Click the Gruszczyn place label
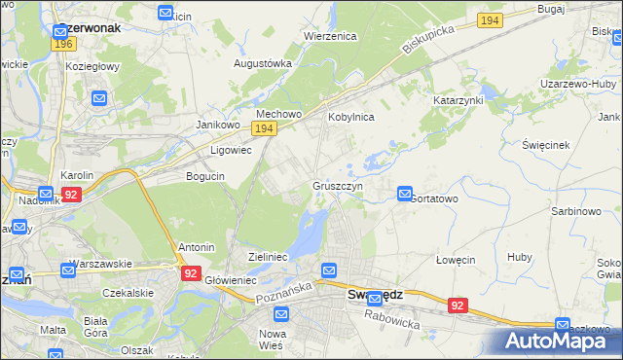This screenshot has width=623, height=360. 338,185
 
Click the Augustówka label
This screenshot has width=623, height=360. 263,63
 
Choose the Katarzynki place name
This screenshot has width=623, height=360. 458,100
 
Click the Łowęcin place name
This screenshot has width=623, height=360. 455,260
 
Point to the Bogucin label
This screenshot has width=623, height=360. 205,176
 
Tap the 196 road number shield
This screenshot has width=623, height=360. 65,44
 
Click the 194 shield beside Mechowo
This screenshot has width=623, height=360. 263,128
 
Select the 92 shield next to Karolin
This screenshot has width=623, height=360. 70,195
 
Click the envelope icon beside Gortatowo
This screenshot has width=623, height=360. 405,195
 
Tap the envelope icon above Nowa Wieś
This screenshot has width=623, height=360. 281,314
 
